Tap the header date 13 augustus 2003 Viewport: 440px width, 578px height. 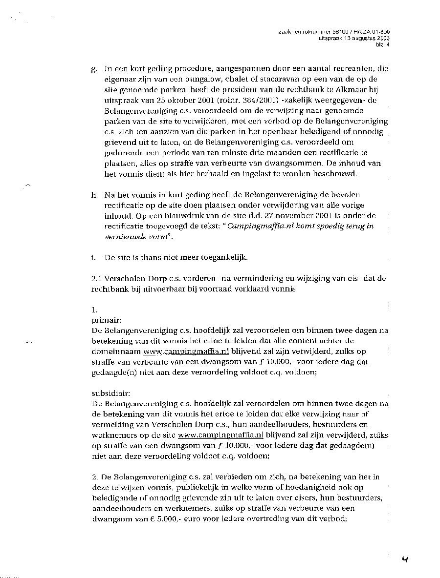(x=366, y=38)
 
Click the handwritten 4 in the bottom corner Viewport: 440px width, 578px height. (x=405, y=559)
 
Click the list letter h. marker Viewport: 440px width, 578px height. (x=94, y=195)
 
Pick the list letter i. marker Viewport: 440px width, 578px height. (x=93, y=257)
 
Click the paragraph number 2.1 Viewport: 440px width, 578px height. (x=96, y=279)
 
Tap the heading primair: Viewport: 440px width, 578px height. (x=103, y=320)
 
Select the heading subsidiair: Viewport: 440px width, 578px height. (x=109, y=393)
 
